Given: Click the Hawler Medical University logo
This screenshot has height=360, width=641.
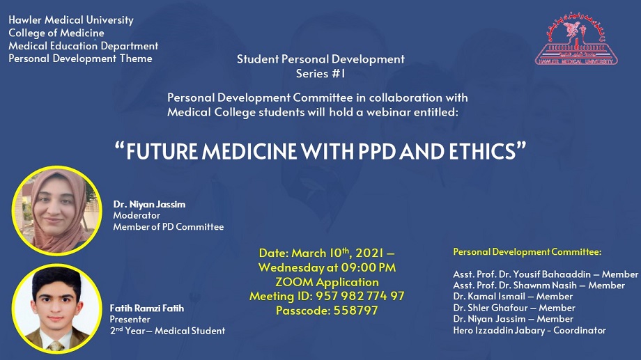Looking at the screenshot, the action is (576, 39).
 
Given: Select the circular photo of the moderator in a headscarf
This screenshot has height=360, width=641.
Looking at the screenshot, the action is (57, 210).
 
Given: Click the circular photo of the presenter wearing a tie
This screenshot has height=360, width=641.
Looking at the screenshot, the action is (57, 308).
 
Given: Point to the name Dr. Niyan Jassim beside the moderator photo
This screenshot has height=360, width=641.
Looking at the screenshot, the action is (149, 204).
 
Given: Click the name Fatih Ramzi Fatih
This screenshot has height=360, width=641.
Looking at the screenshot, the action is (147, 308).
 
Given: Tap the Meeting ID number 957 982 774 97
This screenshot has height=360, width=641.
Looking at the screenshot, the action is (360, 296).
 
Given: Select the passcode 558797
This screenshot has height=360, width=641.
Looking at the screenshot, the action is (355, 311).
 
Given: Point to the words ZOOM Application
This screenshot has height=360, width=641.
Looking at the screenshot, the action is (327, 282).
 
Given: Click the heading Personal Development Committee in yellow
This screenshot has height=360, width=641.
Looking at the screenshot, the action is (527, 252).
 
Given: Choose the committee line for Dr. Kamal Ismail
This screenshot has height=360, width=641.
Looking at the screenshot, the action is (513, 296).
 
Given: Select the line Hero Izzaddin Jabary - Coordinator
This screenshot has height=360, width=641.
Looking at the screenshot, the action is (530, 330).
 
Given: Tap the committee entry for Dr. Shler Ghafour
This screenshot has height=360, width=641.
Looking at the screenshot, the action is (514, 308).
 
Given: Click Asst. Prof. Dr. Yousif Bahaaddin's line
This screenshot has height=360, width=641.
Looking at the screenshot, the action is (546, 274).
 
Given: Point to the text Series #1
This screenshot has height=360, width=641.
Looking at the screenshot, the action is (320, 74).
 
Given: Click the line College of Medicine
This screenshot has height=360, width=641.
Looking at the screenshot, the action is (56, 33).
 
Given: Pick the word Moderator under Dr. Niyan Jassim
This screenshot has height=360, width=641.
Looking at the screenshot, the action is (137, 215).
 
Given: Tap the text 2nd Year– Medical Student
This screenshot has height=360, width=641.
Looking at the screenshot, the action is (167, 331).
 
